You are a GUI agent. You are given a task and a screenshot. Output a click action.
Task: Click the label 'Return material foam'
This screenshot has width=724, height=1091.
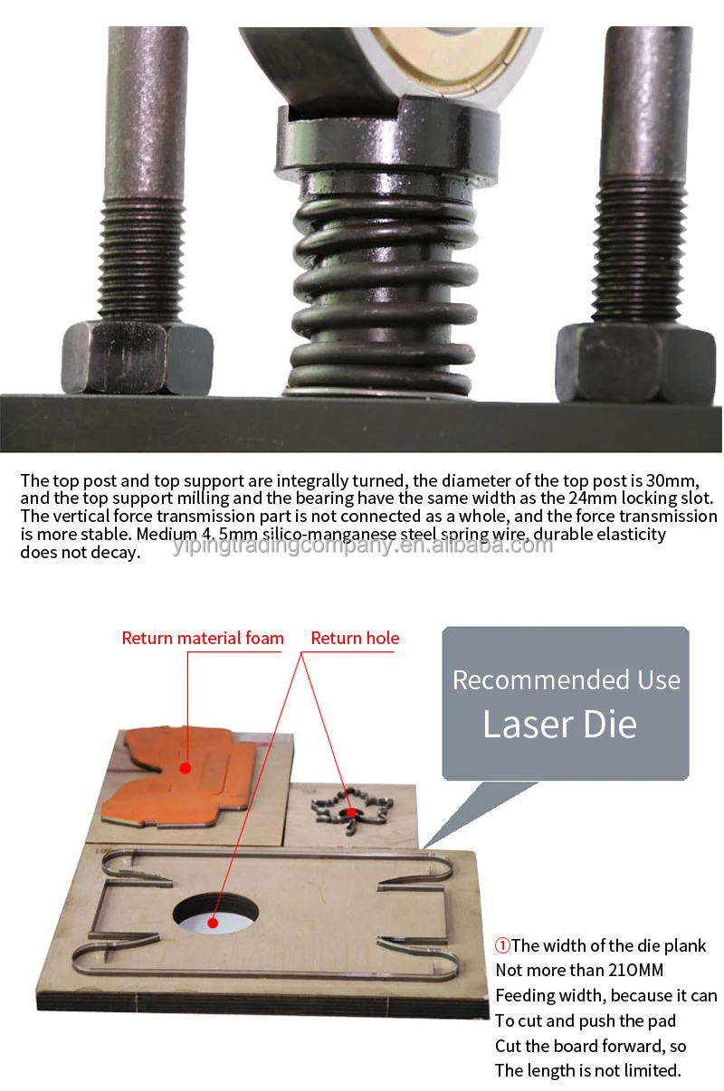pos(203,639)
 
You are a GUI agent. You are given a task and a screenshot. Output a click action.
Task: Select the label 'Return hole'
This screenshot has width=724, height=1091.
pos(355,639)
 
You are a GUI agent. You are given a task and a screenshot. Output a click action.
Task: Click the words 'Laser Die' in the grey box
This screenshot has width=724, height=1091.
pos(559,725)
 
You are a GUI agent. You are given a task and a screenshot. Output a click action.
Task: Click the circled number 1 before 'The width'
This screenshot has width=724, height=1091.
pos(502,946)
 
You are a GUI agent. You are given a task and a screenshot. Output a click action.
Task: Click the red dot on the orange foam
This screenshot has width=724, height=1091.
pos(186,768)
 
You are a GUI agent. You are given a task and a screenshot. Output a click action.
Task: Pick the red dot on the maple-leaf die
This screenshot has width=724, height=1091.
pos(349,812)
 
